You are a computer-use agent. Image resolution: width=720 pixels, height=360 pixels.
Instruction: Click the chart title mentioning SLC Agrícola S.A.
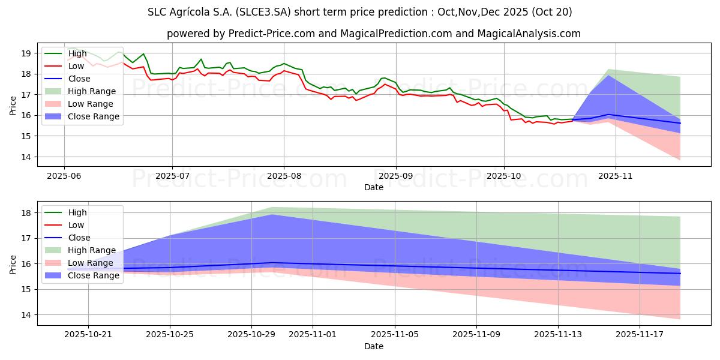click(x=359, y=12)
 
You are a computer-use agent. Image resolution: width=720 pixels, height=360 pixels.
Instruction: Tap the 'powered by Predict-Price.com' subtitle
click(x=373, y=34)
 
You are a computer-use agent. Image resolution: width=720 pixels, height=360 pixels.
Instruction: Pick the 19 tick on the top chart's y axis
click(x=25, y=53)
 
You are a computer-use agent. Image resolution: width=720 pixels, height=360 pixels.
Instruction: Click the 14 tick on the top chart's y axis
click(x=25, y=157)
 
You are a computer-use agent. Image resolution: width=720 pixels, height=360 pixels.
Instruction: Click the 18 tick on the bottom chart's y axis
click(x=25, y=212)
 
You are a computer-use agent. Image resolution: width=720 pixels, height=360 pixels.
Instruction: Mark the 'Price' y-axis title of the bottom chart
click(x=13, y=263)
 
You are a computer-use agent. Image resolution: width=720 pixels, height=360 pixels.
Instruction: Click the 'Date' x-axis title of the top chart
click(x=373, y=187)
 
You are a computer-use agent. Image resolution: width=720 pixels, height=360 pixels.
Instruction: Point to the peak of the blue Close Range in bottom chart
click(x=272, y=215)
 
